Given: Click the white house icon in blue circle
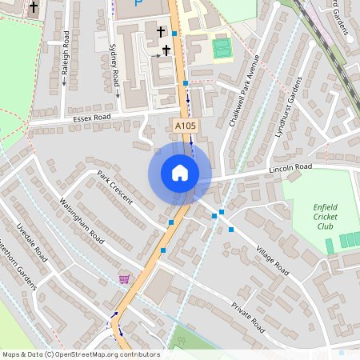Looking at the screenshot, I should pyautogui.click(x=179, y=173).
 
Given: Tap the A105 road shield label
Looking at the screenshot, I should pyautogui.click(x=185, y=126).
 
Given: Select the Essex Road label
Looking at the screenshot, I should pyautogui.click(x=90, y=118).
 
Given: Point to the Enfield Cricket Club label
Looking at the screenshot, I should pyautogui.click(x=324, y=216).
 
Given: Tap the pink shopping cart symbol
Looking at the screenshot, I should pyautogui.click(x=124, y=278).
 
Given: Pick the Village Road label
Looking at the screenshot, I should pyautogui.click(x=272, y=260).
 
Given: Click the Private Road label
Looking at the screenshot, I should pyautogui.click(x=247, y=318).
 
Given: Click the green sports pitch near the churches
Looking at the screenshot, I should pyautogui.click(x=222, y=47).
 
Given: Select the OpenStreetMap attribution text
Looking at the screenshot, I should pyautogui.click(x=81, y=354).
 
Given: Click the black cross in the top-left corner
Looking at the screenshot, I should pyautogui.click(x=34, y=7).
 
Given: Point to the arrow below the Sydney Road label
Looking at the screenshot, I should pyautogui.click(x=117, y=91).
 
